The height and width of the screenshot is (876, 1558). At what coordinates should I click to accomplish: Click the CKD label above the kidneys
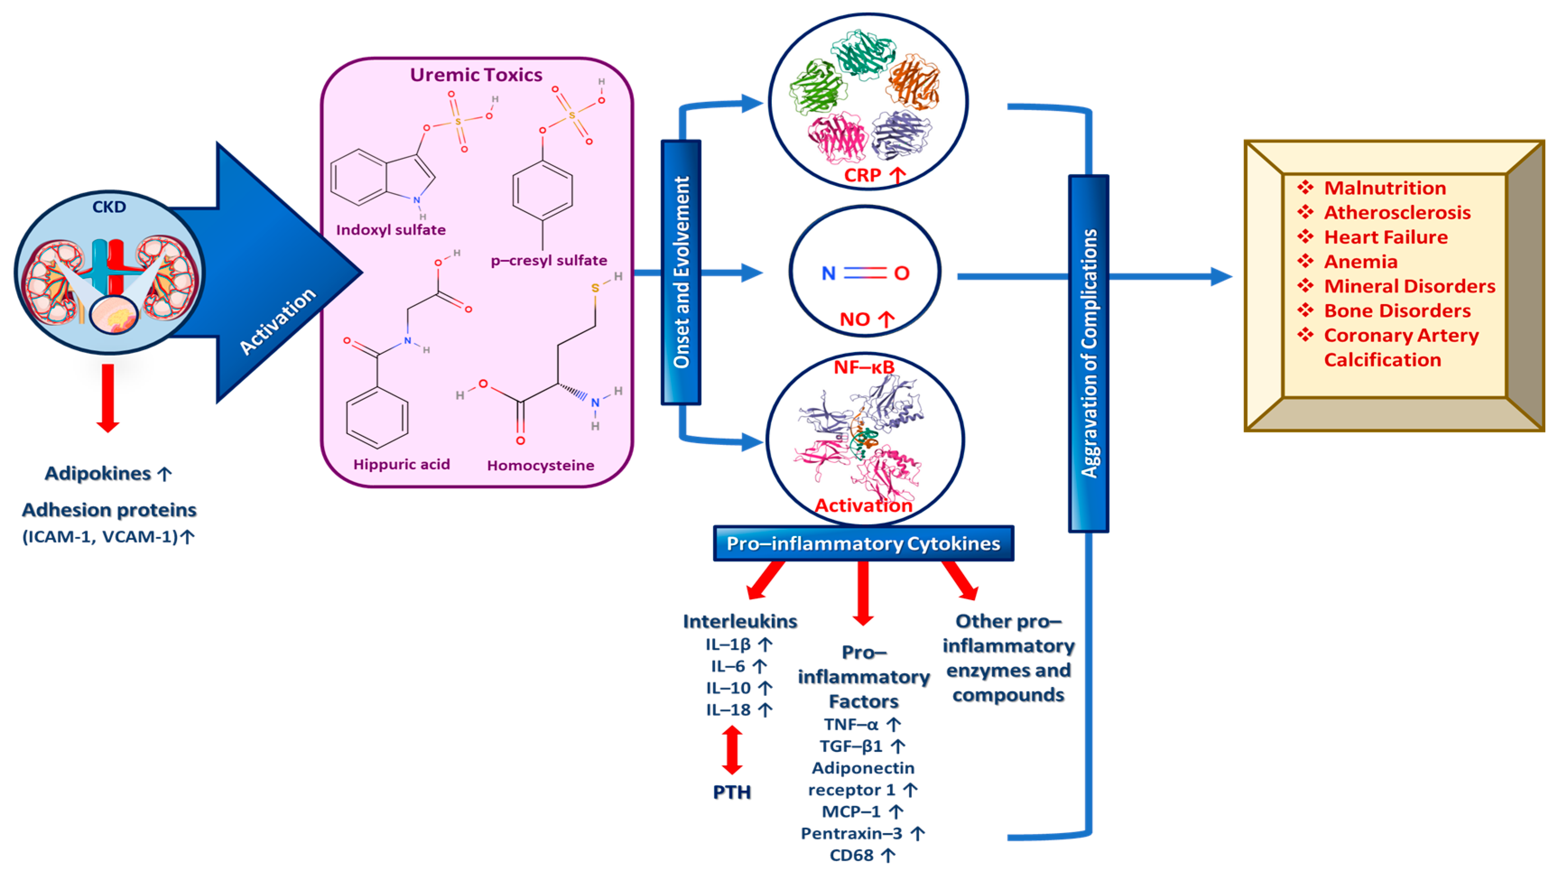tap(109, 207)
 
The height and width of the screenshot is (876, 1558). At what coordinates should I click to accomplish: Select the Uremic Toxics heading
tap(476, 74)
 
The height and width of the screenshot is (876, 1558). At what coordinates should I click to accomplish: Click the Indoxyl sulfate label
tap(391, 230)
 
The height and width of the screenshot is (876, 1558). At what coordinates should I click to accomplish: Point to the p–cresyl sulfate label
tap(549, 261)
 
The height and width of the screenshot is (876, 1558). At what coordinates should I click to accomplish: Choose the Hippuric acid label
tap(402, 464)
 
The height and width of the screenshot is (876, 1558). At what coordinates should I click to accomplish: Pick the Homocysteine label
tap(540, 465)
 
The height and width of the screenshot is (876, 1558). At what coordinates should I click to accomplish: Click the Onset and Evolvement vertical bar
tap(681, 272)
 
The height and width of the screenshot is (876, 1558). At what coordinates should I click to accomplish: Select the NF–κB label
tap(864, 367)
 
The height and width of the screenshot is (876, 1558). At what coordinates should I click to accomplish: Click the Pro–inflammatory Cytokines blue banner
tap(863, 543)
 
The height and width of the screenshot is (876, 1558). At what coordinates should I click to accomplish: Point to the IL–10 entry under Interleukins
tap(729, 688)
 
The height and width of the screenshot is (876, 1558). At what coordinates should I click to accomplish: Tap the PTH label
tap(732, 792)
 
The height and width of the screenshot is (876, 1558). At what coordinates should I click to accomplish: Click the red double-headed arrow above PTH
tap(732, 750)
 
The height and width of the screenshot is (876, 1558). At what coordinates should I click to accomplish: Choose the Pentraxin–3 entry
tap(851, 834)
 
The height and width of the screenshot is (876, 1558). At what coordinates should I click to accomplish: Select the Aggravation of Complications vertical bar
tap(1089, 354)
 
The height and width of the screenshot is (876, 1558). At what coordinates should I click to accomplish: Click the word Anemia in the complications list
tap(1361, 262)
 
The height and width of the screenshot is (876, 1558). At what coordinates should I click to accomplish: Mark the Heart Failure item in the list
tap(1386, 237)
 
